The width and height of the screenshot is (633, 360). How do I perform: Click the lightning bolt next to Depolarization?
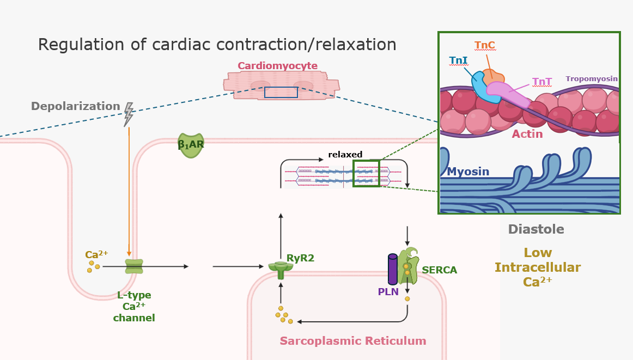click(129, 114)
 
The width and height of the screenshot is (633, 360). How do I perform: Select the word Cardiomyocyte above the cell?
click(277, 66)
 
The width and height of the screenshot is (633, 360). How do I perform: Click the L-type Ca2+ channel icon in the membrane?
click(134, 266)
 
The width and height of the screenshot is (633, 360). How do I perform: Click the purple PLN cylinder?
click(393, 269)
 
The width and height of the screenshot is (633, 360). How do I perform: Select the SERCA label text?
click(439, 270)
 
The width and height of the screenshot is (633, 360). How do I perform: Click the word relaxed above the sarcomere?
click(345, 155)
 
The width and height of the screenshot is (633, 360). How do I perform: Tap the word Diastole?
click(536, 229)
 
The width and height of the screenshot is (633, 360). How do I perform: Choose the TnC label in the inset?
click(484, 45)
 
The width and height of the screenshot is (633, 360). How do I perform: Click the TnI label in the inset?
click(458, 60)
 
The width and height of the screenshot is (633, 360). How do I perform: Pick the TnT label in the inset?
click(542, 82)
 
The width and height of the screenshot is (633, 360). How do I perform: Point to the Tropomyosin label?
click(592, 78)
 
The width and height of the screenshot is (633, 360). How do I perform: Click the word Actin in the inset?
click(527, 133)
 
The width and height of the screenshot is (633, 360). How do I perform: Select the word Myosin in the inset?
click(468, 172)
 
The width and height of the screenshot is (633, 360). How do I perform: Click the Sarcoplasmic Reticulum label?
click(352, 341)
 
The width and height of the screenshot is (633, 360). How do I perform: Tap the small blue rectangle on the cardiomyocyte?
click(281, 92)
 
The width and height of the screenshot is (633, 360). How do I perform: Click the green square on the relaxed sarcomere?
click(366, 174)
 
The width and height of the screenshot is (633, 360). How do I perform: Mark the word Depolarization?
click(75, 106)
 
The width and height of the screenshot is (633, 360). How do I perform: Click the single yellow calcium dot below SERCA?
click(407, 298)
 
